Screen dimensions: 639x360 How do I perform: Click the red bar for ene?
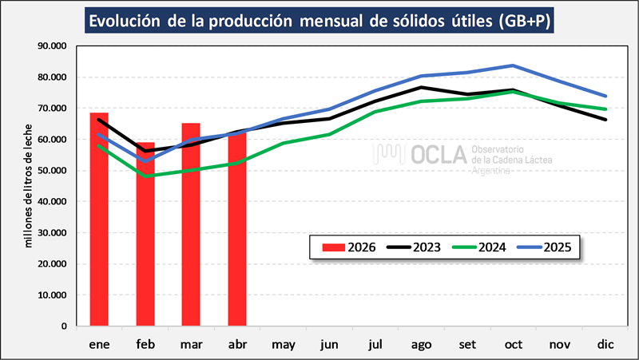coord(99,219)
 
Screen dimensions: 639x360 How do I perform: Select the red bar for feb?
coord(145,234)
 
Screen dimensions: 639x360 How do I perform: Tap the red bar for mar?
coord(191,224)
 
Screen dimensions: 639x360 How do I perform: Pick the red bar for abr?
coord(237,229)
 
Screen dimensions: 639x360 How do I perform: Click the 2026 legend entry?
coord(349,247)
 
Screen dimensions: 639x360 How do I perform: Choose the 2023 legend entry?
coord(414,247)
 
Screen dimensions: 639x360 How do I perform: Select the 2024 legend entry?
coord(479,247)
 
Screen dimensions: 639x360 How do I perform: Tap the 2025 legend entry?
coord(545,247)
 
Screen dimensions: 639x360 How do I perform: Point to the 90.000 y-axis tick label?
coord(52,45)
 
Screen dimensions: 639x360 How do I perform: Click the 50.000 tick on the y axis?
coord(52,170)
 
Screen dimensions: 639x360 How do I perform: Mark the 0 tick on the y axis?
coord(64,326)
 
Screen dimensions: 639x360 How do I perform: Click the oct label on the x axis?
coord(514,345)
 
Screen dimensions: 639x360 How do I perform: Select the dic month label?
coord(605,345)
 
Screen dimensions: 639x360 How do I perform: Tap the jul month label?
coord(375,345)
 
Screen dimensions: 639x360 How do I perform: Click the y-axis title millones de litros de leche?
coord(28,186)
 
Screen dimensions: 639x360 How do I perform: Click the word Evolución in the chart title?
coord(125,21)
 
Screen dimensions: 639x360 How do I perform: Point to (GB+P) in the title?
coord(525,21)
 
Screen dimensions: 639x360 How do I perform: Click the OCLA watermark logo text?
coord(439,155)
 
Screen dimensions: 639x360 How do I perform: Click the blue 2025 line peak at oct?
coord(513,65)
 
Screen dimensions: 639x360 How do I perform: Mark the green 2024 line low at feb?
coord(145,176)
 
